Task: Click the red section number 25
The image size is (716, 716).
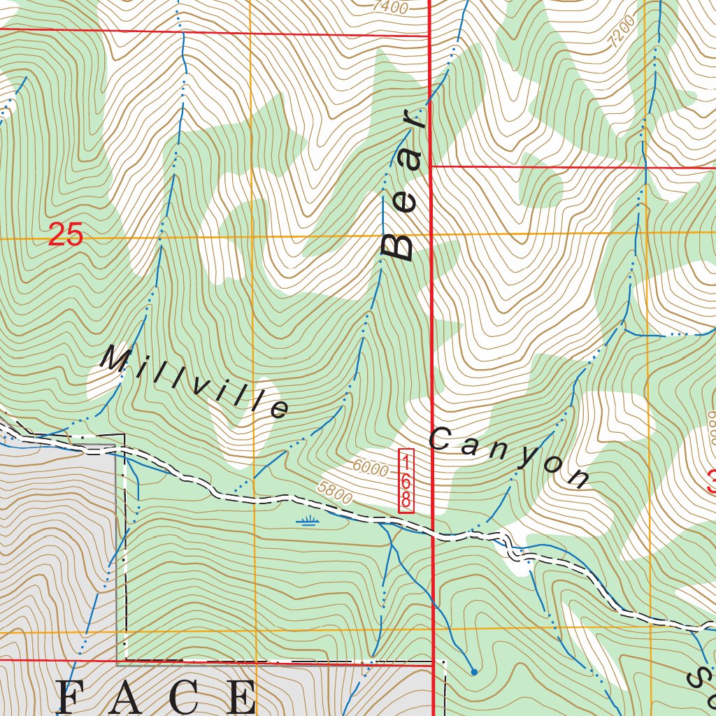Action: click(x=66, y=235)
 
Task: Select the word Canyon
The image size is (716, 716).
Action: click(x=510, y=459)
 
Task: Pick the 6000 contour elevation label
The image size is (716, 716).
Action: click(x=370, y=468)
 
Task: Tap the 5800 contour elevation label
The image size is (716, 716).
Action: click(x=334, y=492)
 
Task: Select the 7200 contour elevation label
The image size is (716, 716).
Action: click(x=622, y=31)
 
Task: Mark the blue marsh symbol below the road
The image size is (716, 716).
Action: click(x=307, y=520)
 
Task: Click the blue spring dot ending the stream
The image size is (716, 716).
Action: click(x=474, y=672)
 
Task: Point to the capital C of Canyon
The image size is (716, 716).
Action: click(x=440, y=439)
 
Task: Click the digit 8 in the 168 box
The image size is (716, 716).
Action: click(x=406, y=500)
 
